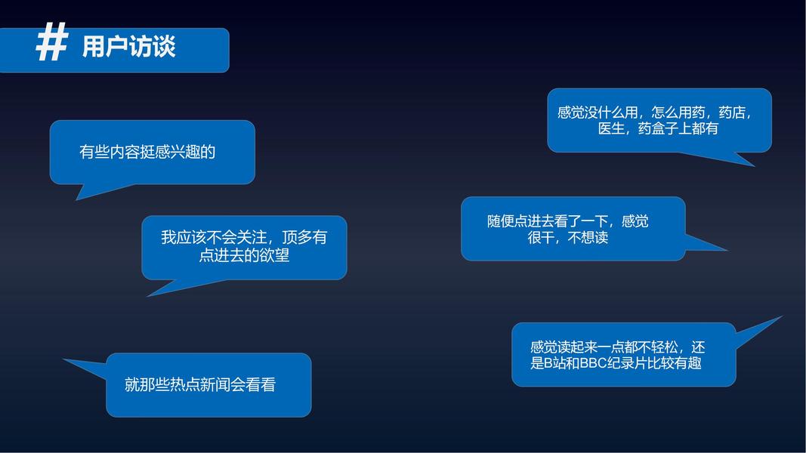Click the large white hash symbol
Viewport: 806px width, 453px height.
pos(52,42)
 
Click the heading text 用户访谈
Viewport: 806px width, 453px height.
pos(128,47)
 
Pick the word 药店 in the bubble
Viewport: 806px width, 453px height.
pos(732,112)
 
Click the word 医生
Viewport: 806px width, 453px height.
pos(612,128)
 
